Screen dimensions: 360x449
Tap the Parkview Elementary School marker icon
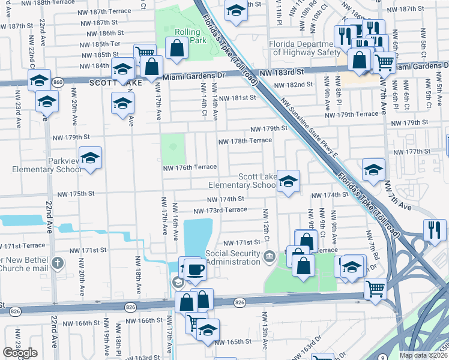(91, 159)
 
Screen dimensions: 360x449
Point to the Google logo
(20, 353)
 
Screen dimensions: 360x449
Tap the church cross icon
(57, 262)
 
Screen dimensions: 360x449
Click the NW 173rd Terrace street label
(220, 210)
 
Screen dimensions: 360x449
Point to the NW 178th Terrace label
(244, 141)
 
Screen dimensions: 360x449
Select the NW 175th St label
(76, 194)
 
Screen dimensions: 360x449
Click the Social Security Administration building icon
(270, 257)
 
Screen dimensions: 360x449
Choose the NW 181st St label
(237, 98)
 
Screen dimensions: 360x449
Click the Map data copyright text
(423, 355)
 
